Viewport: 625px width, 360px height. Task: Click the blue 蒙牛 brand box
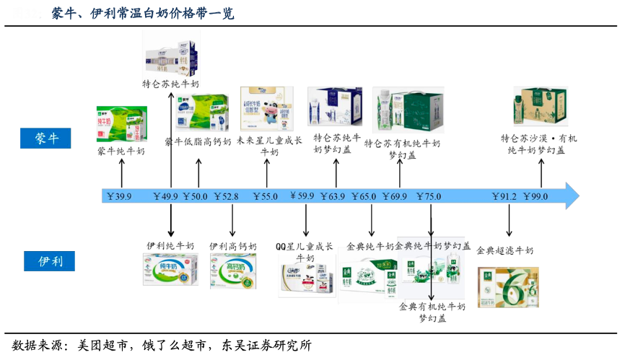coord(47,139)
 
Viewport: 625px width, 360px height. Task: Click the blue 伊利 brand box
coord(47,260)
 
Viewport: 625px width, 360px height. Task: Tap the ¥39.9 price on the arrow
coord(119,196)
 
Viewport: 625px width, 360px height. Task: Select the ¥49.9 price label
coord(166,196)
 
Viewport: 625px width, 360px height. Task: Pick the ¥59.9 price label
coord(302,196)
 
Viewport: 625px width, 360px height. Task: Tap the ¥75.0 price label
coord(429,196)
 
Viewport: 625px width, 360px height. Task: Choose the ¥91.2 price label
coord(504,196)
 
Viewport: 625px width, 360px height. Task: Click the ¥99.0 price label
coord(536,196)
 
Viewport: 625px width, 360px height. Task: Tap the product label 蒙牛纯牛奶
coord(121,152)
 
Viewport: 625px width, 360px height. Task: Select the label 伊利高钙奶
coord(233,246)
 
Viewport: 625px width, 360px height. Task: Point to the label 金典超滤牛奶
coord(505,250)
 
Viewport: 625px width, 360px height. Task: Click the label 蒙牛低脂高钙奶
coord(198,141)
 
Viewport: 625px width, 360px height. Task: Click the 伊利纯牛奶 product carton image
coord(170,269)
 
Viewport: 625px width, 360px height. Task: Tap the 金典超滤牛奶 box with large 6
coord(507,286)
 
